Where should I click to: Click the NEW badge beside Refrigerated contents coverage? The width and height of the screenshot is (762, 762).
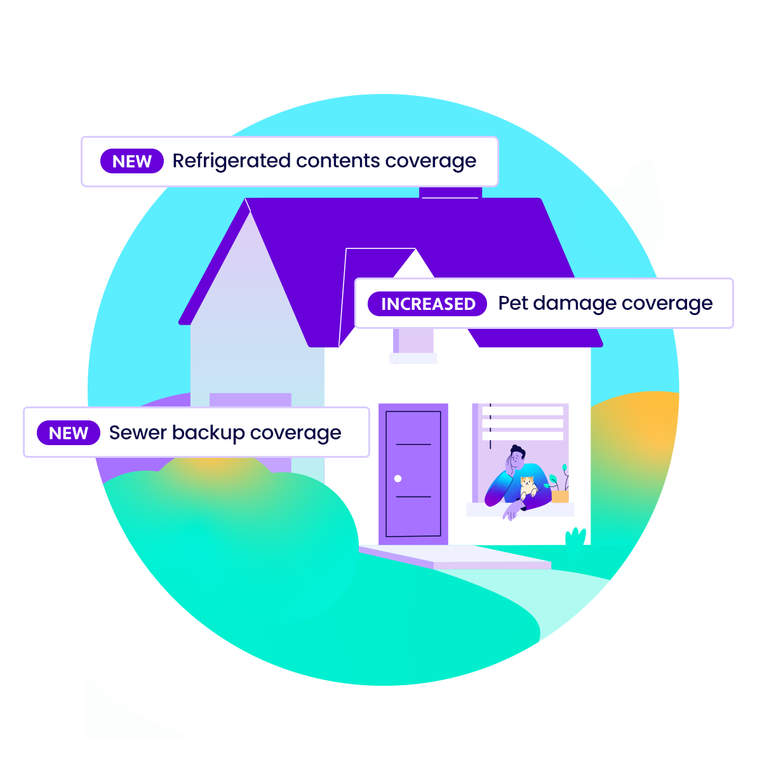coord(131,161)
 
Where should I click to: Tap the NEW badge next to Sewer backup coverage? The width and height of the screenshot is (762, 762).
coord(69,432)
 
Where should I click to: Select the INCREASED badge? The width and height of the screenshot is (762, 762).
coord(427,304)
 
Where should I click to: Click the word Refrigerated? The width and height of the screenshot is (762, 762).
coord(231,161)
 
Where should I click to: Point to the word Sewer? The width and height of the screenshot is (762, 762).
coord(138,432)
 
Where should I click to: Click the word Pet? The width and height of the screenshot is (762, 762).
coord(513,304)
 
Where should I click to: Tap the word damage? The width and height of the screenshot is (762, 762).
coord(575,304)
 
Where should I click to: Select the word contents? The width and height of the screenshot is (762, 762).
coord(338,161)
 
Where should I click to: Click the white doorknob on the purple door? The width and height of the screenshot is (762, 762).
coord(398,479)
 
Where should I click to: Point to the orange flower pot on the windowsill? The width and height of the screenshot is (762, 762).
coord(560,497)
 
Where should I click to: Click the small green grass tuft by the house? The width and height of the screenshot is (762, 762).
coord(575,537)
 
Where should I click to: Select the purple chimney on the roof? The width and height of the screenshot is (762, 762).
coord(450,192)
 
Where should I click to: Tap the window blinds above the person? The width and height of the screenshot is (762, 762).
coord(523,422)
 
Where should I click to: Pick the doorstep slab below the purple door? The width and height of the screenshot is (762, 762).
coord(455,557)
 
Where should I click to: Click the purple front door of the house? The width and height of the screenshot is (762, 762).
coord(413,474)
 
